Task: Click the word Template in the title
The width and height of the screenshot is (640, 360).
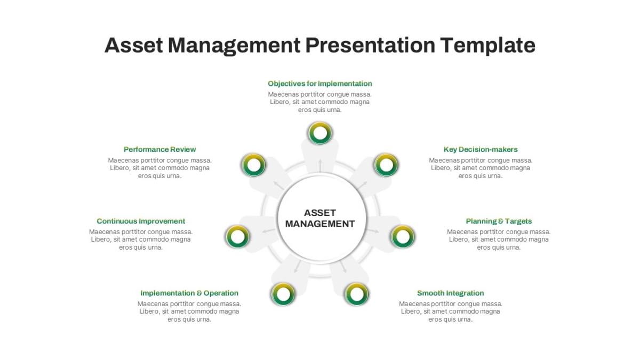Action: coord(487,45)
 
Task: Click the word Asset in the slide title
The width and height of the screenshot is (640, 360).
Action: coord(133,45)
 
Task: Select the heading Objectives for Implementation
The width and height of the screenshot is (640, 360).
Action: coord(320,84)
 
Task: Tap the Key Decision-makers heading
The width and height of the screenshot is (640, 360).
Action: coord(481,149)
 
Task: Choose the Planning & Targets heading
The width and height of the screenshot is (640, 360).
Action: coord(499,221)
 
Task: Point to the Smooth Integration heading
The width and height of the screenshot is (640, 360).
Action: coord(451,293)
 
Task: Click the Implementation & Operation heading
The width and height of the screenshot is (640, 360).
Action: coord(189,293)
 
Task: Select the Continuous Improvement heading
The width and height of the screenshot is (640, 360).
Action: coord(141,221)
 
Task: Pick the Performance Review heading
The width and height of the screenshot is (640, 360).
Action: coord(159,149)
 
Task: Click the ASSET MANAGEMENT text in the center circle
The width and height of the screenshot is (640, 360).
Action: coord(320,218)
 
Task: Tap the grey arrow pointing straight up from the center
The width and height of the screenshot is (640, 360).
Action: coord(320,165)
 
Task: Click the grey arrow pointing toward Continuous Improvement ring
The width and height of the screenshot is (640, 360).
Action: coord(269,230)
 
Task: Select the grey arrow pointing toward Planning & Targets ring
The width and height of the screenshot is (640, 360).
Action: coord(372,230)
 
